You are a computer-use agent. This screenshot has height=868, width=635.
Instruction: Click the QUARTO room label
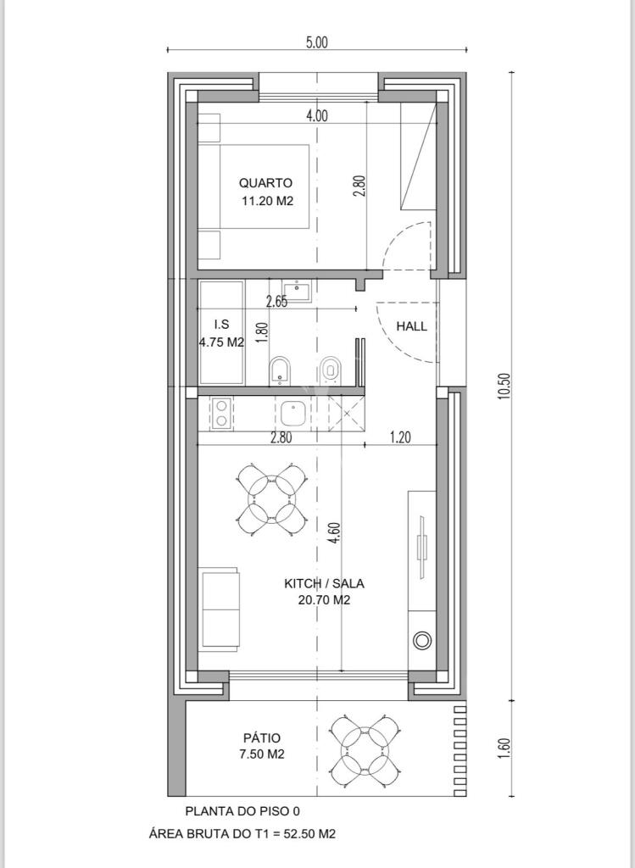click(265, 183)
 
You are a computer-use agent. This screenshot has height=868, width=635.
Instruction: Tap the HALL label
click(411, 326)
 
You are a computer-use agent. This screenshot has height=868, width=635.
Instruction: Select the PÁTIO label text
click(262, 738)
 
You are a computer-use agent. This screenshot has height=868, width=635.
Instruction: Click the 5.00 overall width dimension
click(317, 42)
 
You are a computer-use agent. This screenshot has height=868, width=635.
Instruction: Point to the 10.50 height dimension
click(504, 386)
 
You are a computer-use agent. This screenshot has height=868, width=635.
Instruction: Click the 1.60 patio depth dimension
click(504, 748)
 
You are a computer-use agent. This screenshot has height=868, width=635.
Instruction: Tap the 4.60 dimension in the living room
click(333, 533)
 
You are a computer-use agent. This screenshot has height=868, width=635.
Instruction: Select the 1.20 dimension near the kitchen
click(400, 437)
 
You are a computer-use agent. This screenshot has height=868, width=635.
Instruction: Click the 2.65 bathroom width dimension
click(277, 302)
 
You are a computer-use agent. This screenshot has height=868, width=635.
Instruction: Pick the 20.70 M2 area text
click(324, 600)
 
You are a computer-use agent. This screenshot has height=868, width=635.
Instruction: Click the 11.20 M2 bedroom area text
click(267, 201)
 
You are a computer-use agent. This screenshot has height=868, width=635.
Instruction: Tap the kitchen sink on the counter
click(292, 414)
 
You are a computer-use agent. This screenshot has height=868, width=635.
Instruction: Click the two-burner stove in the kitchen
click(221, 414)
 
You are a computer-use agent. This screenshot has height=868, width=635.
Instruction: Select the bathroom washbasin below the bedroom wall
click(298, 290)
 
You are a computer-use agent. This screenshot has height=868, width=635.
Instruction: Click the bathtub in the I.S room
click(221, 332)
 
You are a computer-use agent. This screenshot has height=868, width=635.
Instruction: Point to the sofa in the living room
click(221, 607)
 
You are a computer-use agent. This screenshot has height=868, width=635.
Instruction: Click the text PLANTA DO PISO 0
click(242, 811)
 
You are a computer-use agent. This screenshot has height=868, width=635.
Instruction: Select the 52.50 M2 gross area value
click(309, 834)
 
